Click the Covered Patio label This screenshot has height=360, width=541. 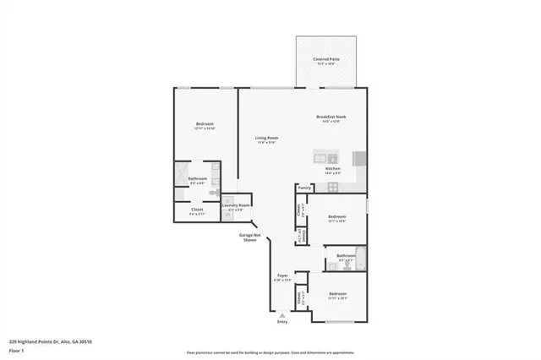click(325, 59)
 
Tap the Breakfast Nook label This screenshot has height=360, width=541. click(331, 117)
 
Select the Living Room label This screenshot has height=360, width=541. click(267, 138)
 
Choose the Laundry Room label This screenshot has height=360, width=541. click(236, 205)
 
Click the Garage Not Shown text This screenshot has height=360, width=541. click(249, 237)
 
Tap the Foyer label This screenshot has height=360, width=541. click(282, 275)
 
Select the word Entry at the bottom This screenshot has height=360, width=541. click(282, 322)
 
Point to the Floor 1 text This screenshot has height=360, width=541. click(16, 350)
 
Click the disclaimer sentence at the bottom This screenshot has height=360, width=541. click(270, 351)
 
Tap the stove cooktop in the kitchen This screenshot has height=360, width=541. click(360, 158)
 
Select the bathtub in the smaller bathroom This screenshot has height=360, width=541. click(362, 259)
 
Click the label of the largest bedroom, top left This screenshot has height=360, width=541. click(204, 124)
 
